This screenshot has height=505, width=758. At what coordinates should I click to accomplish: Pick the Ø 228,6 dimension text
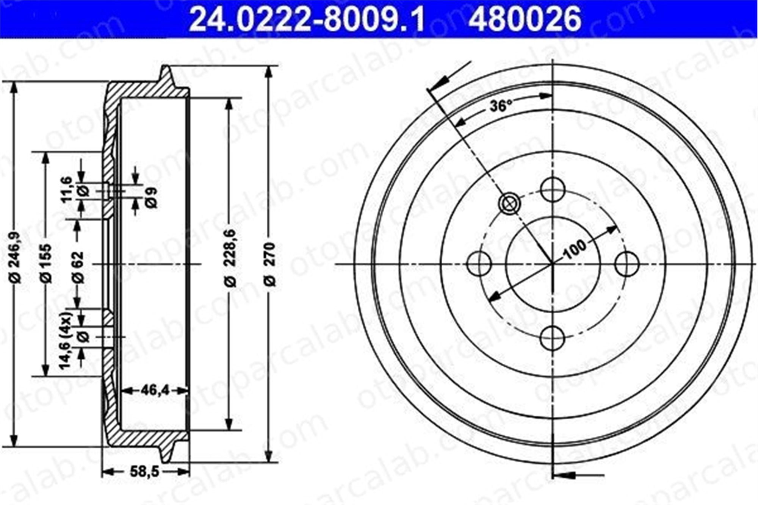pos(230,258)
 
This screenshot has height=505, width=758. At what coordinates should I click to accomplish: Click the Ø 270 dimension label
pos(269,264)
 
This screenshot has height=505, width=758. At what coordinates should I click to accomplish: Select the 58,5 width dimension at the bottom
pos(144,472)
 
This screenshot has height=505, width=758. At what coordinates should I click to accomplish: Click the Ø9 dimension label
pos(151,197)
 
